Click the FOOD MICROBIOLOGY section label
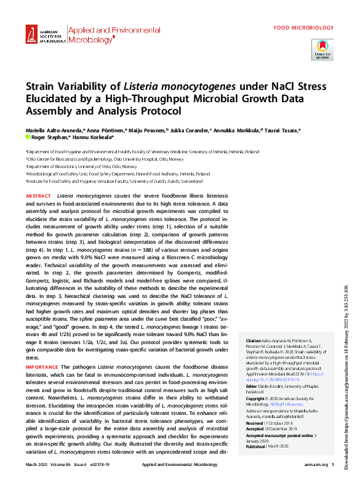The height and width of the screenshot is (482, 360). tap(304, 28)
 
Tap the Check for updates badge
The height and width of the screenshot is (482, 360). tap(322, 49)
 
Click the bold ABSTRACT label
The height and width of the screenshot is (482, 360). tap(38, 196)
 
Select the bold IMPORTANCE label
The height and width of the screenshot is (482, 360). tap(42, 366)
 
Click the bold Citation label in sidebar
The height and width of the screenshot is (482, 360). tap(253, 340)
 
